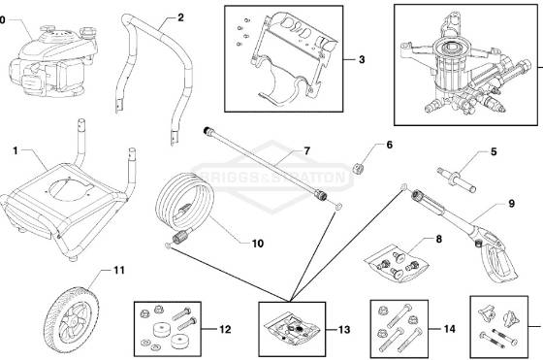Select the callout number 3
click(361, 59)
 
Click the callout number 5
click(493, 151)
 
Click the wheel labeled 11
click(76, 314)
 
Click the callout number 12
click(225, 330)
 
